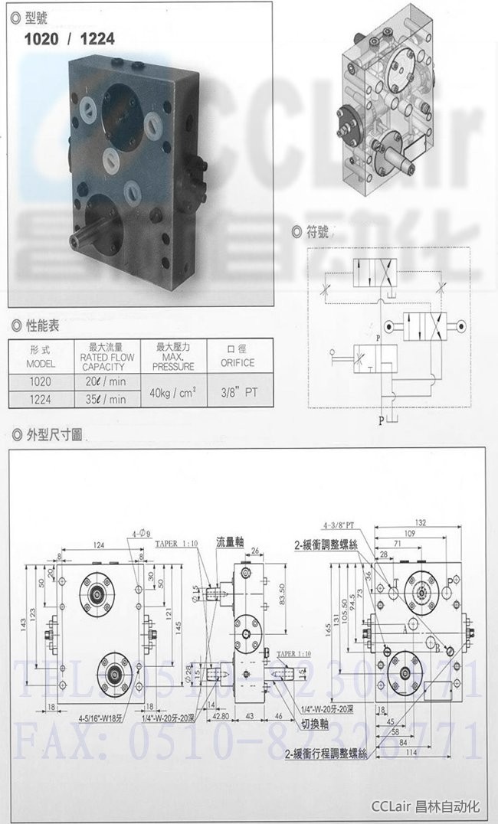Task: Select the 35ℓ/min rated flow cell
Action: tap(106, 399)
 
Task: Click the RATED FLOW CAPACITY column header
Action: tap(106, 357)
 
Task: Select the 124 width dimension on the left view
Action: tap(100, 544)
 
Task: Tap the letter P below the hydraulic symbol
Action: tap(380, 420)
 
